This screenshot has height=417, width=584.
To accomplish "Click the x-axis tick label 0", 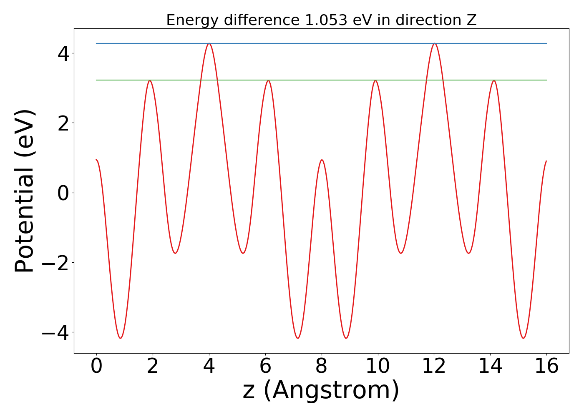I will click(96, 367).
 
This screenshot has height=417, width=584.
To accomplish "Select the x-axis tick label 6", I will click(265, 367).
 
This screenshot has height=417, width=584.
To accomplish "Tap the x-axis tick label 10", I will click(378, 367).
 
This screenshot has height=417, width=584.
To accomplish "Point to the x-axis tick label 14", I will click(491, 367).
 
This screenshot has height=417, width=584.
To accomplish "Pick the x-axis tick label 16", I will click(547, 367).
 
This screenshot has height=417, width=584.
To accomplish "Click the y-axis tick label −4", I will click(55, 332).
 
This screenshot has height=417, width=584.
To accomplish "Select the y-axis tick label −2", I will click(55, 263).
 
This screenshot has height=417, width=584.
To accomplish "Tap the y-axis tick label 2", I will click(63, 123).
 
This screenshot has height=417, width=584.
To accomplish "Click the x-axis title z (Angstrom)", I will click(321, 391).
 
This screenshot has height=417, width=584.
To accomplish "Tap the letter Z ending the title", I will click(472, 20).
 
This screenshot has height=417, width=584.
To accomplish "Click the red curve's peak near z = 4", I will click(209, 43).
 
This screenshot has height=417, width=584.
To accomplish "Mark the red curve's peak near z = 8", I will click(322, 160).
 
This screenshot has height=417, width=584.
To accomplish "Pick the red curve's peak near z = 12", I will click(435, 43).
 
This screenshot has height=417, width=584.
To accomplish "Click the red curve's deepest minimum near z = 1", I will click(121, 338).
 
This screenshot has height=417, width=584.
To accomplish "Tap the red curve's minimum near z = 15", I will click(524, 338).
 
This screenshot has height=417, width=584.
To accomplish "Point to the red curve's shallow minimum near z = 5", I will click(243, 253).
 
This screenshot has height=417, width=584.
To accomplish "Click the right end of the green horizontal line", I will click(546, 80).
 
